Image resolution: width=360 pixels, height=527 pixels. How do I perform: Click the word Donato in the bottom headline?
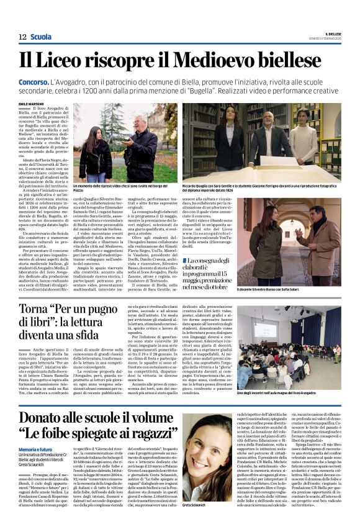(48, 419)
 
